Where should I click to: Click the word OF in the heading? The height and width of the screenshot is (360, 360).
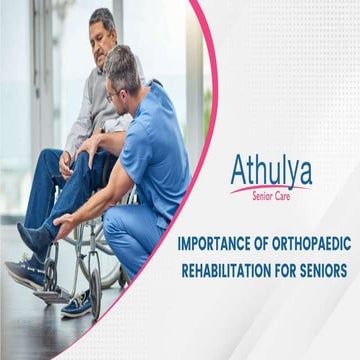262,243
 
